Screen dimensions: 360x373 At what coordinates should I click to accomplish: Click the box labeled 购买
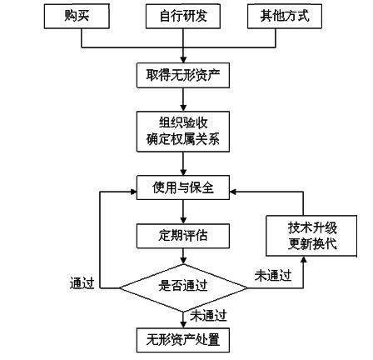coord(76,16)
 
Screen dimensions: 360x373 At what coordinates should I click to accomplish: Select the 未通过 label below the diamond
coord(208,315)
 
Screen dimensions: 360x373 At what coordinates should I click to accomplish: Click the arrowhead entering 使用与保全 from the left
coord(132,191)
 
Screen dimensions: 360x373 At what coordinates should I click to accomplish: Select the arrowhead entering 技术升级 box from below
coord(303,259)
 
